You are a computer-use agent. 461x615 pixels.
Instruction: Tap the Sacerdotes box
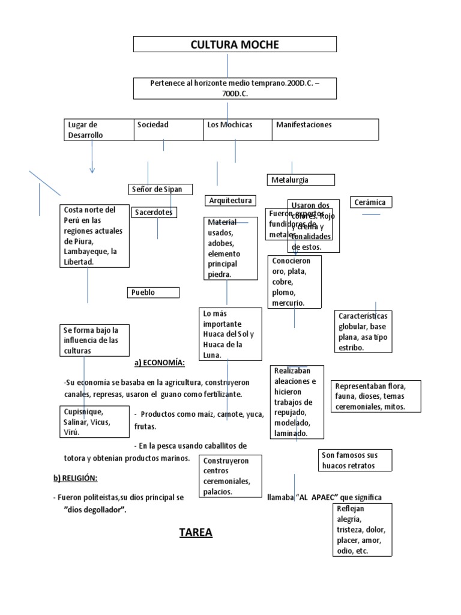154,212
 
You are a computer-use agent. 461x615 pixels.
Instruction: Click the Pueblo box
154,292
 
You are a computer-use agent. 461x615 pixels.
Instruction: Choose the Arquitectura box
230,201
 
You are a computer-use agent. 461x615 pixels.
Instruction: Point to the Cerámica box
371,202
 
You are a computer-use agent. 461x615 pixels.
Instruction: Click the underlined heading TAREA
196,533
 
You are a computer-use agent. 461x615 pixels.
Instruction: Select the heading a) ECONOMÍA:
159,363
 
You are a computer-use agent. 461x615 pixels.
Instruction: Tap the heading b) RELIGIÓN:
74,478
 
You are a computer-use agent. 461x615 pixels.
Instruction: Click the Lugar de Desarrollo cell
98,130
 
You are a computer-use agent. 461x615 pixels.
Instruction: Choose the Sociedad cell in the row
168,129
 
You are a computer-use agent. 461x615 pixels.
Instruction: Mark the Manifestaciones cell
325,129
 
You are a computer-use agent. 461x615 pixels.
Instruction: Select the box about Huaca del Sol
230,335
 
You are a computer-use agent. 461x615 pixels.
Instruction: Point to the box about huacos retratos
355,461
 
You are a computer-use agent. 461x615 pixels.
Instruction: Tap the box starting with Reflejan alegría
362,530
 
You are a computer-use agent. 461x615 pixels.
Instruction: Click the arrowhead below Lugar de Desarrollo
92,171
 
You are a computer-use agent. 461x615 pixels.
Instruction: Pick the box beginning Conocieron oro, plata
295,282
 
